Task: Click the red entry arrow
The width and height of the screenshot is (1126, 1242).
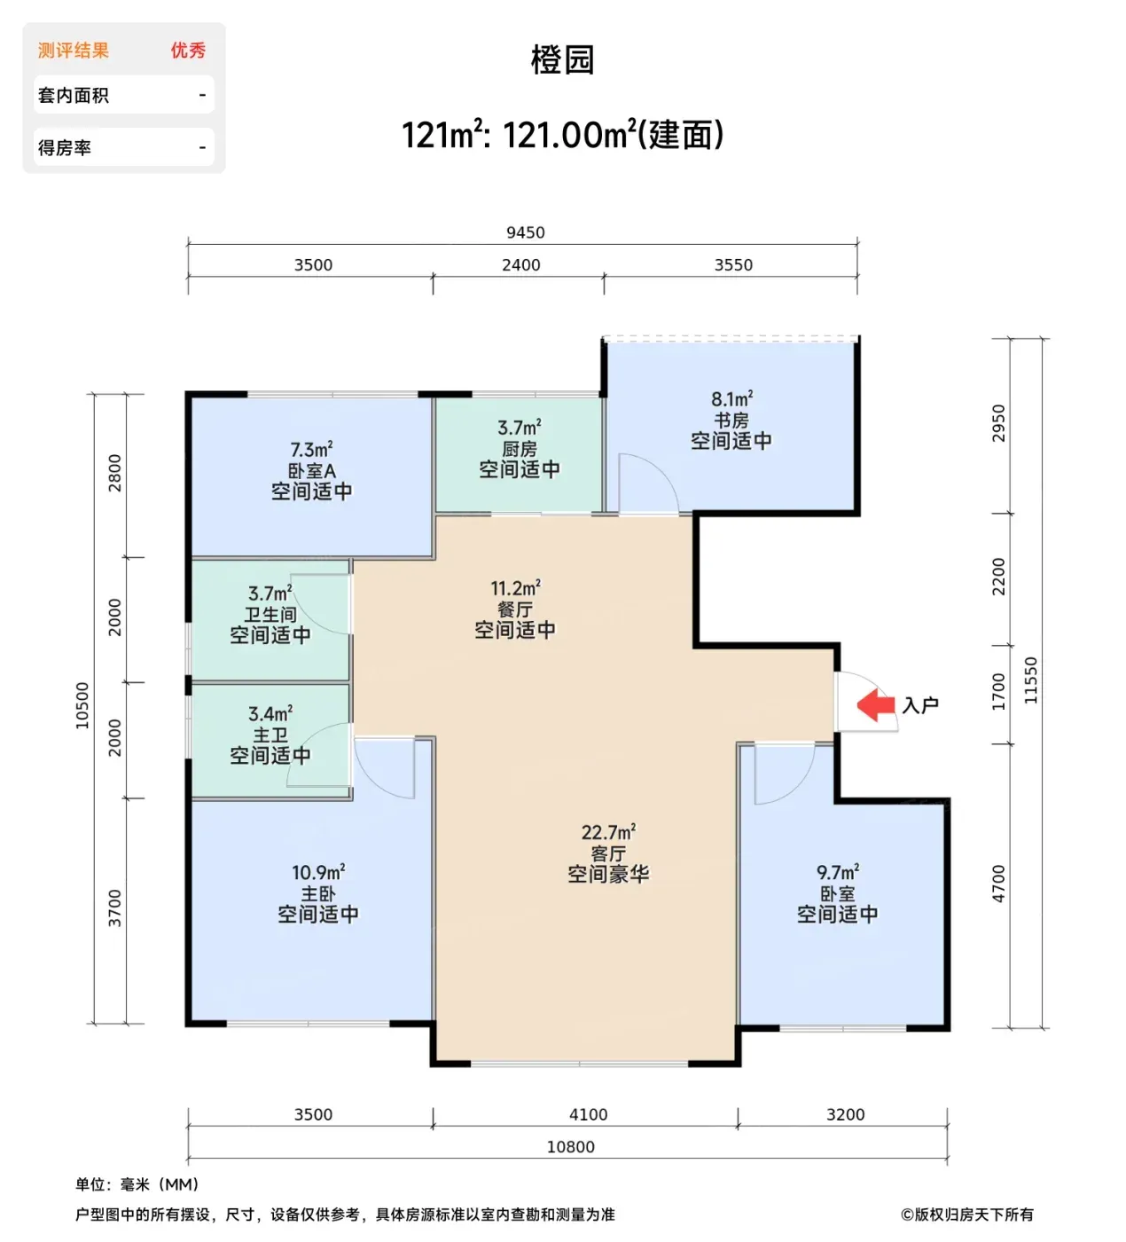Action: pyautogui.click(x=876, y=704)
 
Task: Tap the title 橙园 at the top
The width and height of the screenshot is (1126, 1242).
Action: pyautogui.click(x=563, y=60)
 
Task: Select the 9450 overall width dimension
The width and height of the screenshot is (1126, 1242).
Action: pyautogui.click(x=526, y=232)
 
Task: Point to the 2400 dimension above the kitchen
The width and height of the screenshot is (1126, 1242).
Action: pyautogui.click(x=521, y=265)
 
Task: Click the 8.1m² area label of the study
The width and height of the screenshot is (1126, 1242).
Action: pyautogui.click(x=731, y=398)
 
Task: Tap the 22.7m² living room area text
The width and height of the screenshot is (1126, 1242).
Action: pyautogui.click(x=608, y=832)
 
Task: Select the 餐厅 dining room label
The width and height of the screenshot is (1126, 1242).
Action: pyautogui.click(x=515, y=609)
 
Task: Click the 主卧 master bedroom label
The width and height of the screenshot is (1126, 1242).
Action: pyautogui.click(x=318, y=893)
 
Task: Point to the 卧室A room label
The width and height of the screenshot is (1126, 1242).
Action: pyautogui.click(x=312, y=470)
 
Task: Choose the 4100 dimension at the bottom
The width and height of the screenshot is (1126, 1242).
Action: pyautogui.click(x=588, y=1114)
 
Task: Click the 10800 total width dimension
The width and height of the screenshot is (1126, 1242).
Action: pyautogui.click(x=571, y=1147)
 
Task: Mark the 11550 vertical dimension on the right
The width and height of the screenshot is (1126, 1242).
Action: pyautogui.click(x=1030, y=680)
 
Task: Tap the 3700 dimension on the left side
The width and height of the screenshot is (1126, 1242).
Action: pyautogui.click(x=114, y=908)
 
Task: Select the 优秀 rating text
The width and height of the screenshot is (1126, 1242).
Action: pyautogui.click(x=188, y=51)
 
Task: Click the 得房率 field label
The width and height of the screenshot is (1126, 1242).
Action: pyautogui.click(x=65, y=147)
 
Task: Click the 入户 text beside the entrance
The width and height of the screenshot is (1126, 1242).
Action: pyautogui.click(x=920, y=705)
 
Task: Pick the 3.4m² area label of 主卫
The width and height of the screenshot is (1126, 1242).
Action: pyautogui.click(x=270, y=714)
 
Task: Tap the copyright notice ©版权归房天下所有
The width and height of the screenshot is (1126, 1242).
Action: pyautogui.click(x=967, y=1214)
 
